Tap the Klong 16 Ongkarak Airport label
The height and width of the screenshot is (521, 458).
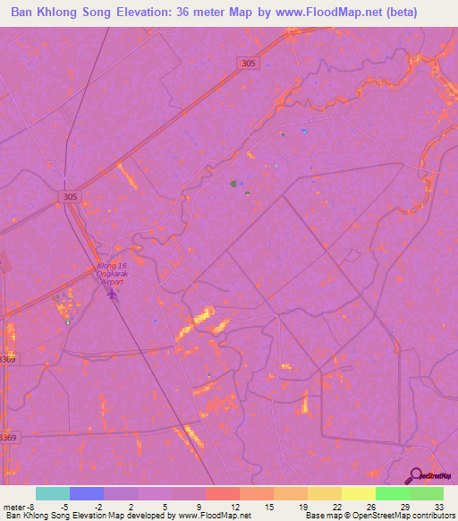(111, 274)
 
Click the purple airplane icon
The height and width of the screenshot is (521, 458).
(112, 295)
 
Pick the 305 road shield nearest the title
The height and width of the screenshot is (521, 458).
(250, 62)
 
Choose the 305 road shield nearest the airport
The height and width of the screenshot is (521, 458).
(71, 196)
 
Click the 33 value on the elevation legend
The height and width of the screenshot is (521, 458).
(438, 506)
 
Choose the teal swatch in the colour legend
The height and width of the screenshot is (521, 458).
(52, 493)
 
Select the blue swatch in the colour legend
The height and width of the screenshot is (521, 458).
(86, 493)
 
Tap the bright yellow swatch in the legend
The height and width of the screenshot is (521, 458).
(358, 493)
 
